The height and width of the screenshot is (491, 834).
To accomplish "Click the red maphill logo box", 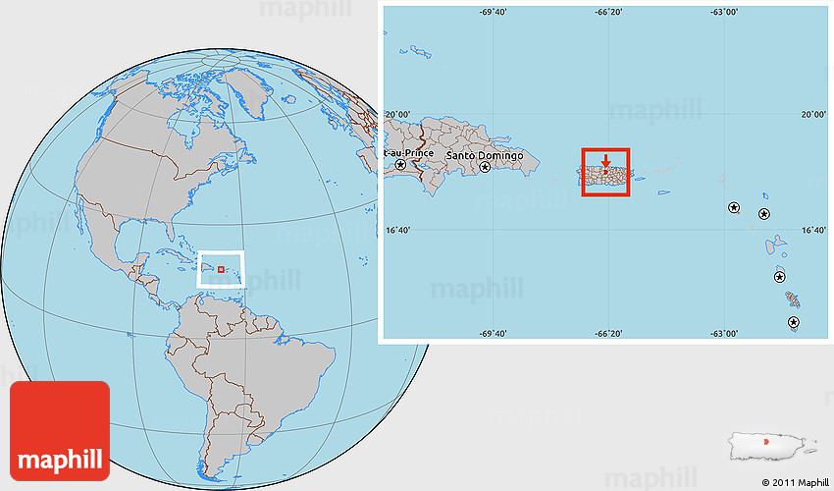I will coord(59,430).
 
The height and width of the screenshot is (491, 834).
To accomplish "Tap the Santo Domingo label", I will coord(485,156).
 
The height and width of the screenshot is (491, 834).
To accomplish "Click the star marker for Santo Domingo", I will coord(485,168).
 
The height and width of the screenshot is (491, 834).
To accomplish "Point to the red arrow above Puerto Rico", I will coord(605,160).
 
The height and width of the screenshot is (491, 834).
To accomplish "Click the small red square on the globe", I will coord(221,269).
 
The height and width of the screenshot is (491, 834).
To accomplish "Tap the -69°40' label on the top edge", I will coord(493,13).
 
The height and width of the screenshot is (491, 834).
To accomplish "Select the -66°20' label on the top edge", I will coord(608,13).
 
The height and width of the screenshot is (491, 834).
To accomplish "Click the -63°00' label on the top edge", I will coord(724,13).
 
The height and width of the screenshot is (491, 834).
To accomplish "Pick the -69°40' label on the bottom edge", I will coord(493,334).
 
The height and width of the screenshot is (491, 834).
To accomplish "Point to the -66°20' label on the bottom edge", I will coord(608,334).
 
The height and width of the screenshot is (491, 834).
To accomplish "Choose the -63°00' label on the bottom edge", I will coord(724,334).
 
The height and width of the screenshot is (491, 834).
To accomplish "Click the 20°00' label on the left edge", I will coord(396,114).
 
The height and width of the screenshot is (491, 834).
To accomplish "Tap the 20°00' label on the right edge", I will coord(812,114).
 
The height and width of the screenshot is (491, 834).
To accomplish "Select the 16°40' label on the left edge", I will coord(396,231).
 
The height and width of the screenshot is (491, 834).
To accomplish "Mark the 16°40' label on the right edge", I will coord(812,231).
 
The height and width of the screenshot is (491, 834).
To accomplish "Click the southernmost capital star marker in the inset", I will coord(793,322).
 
